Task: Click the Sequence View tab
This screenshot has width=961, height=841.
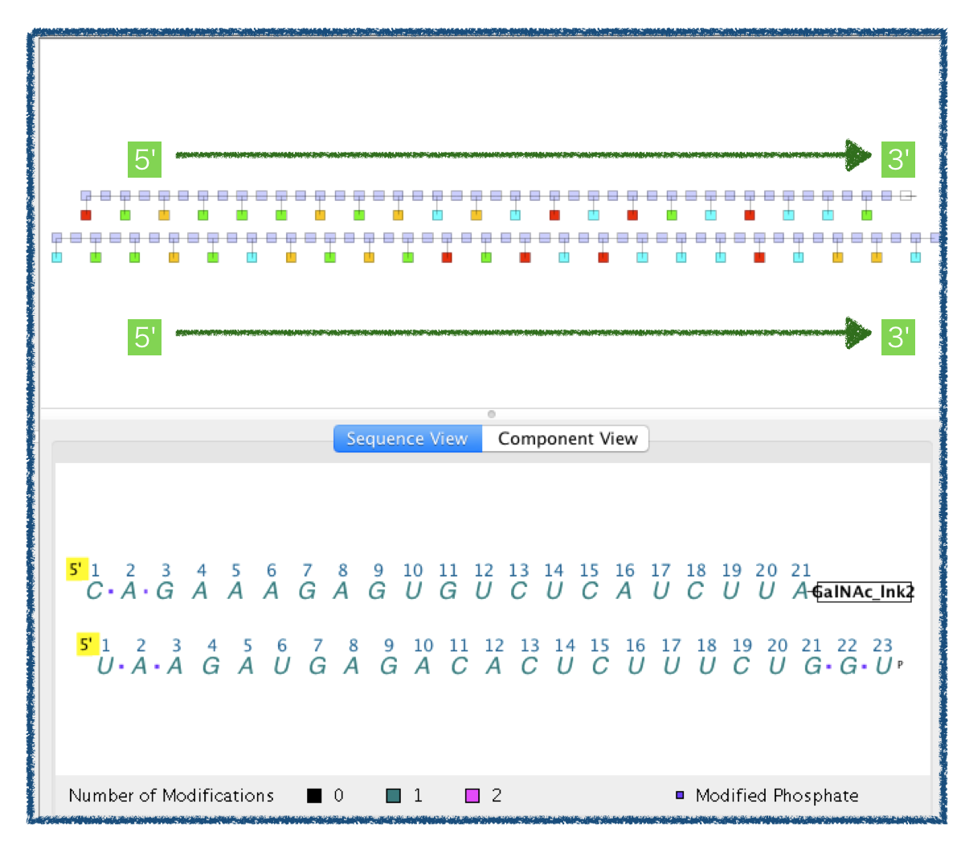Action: point(407,439)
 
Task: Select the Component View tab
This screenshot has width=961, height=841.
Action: point(566,439)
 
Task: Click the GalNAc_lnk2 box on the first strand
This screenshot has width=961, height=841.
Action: point(864,592)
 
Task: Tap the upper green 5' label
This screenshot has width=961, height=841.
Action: point(145,159)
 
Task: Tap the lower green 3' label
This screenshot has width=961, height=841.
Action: point(898,337)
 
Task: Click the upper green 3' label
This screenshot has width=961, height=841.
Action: point(898,159)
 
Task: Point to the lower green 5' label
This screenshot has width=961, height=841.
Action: point(145,337)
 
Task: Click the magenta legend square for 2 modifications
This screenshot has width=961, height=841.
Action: point(472,796)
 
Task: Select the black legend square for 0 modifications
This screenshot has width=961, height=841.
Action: point(314,796)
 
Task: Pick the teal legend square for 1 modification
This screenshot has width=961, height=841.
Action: point(394,796)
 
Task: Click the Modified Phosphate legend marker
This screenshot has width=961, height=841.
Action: point(680,795)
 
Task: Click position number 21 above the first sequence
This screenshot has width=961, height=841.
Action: point(800,571)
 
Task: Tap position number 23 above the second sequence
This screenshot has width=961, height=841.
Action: point(882,646)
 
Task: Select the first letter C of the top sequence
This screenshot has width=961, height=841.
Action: point(94,591)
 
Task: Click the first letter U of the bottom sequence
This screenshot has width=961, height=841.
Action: point(105,666)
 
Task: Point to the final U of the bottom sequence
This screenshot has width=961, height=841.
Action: point(884,666)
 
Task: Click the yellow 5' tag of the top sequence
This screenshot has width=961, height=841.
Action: point(76,569)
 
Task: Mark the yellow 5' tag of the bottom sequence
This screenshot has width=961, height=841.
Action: point(88,644)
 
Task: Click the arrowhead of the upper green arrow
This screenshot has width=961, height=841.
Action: point(858,155)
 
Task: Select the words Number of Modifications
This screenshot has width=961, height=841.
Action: point(171,796)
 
